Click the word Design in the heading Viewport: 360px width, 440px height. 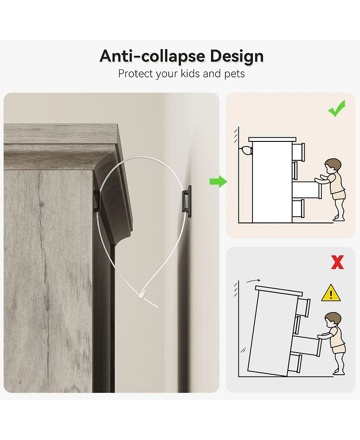[237, 56]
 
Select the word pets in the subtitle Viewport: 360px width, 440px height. [234, 74]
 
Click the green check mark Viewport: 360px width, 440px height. [337, 109]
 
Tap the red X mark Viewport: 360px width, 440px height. [337, 263]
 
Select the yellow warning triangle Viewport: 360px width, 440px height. [331, 293]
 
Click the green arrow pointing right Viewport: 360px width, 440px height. [218, 181]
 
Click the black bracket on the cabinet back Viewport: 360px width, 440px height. [96, 201]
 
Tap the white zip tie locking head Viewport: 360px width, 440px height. [142, 295]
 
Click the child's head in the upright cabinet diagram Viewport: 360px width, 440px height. [333, 166]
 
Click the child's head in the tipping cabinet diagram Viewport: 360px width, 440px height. [333, 320]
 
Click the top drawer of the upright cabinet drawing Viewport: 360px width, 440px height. [298, 152]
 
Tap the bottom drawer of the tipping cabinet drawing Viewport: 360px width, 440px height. [295, 364]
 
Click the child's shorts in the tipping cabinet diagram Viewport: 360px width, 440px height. [338, 348]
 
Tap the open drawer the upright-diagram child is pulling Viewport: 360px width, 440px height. [307, 190]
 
